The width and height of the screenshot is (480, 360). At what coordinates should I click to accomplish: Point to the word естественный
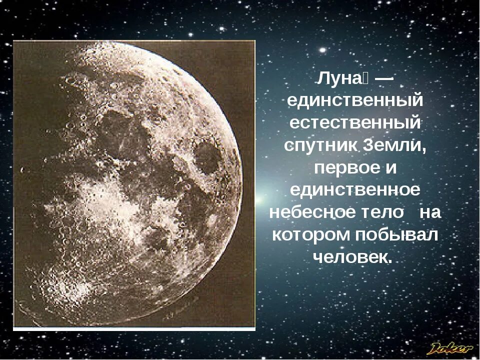[x=355, y=123]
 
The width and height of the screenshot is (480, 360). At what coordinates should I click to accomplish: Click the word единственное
[x=355, y=190]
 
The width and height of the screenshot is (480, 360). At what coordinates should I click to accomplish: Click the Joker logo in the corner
[x=450, y=347]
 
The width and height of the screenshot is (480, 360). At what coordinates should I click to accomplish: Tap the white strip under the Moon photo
[x=134, y=328]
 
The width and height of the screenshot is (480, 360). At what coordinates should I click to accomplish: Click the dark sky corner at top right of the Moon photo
[x=240, y=55]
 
